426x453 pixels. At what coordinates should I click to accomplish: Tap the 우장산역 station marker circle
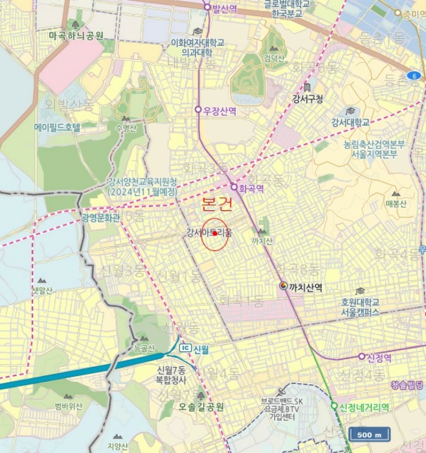[x=199, y=110]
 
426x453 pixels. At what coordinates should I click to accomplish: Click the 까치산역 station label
[x=306, y=286]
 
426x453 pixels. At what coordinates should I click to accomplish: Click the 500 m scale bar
[x=370, y=434]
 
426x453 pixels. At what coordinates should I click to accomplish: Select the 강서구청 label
[x=307, y=99]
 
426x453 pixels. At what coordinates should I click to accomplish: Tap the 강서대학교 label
[x=350, y=122]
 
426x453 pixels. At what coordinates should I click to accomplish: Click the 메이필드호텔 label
[x=57, y=127]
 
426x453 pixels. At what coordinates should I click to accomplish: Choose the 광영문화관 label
[x=101, y=217]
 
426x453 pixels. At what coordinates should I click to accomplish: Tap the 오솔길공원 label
[x=201, y=407]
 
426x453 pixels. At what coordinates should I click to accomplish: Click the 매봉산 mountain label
[x=396, y=203]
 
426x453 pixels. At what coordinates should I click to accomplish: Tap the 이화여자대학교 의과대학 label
[x=197, y=47]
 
